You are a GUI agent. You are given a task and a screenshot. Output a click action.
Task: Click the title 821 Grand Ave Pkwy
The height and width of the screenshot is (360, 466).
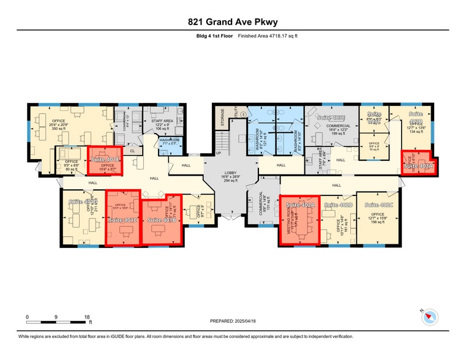tap(233, 23)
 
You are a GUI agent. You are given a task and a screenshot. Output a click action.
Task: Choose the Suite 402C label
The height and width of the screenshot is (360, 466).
tap(378, 205)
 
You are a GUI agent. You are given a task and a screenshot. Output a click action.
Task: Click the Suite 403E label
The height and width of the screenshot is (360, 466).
tap(331, 117)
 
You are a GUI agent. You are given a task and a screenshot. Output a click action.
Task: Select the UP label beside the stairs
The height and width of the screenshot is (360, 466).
tap(219, 154)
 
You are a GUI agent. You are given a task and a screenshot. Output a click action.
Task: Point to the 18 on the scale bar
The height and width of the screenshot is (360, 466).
tap(88, 317)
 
